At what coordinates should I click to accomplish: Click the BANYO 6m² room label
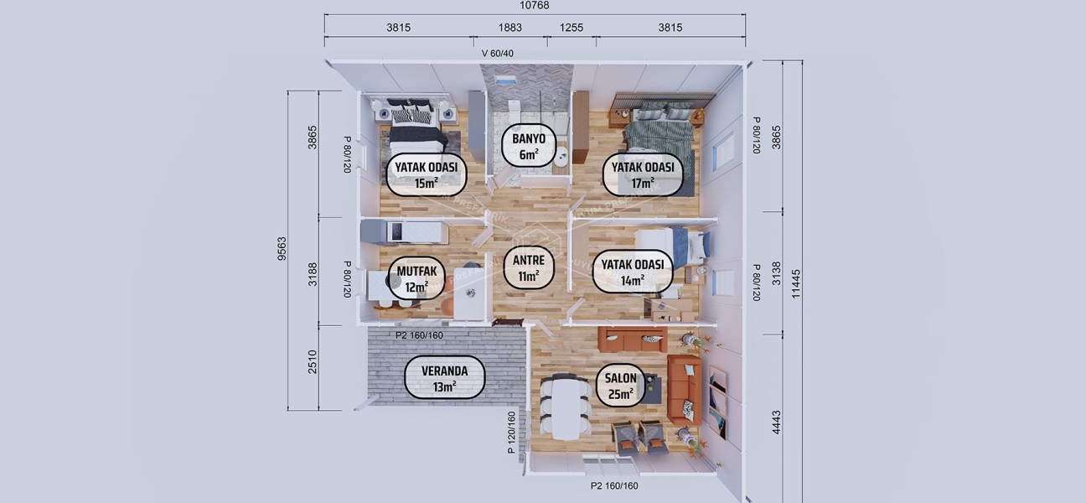coord(528,146)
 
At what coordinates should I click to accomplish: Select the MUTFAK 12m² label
coord(416,279)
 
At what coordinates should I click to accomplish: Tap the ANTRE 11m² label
coord(529,267)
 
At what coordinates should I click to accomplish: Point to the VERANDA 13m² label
coord(445,377)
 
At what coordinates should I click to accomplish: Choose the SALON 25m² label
coord(621,386)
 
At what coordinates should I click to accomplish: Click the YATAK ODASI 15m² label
coord(427,174)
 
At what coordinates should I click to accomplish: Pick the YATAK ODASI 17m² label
coord(644,174)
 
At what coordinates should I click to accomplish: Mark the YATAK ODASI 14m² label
coord(633,272)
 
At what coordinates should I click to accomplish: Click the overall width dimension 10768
coord(534,6)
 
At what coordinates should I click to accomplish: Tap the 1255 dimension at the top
coord(571,28)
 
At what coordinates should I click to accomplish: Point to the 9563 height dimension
coord(282,250)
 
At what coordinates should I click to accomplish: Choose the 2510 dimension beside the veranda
coord(313,362)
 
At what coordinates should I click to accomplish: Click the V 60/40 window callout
coord(498,54)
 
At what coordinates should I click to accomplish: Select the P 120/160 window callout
coord(512,432)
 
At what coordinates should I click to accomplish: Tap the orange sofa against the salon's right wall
coord(684,389)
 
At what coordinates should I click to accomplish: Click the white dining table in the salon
coord(565,407)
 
